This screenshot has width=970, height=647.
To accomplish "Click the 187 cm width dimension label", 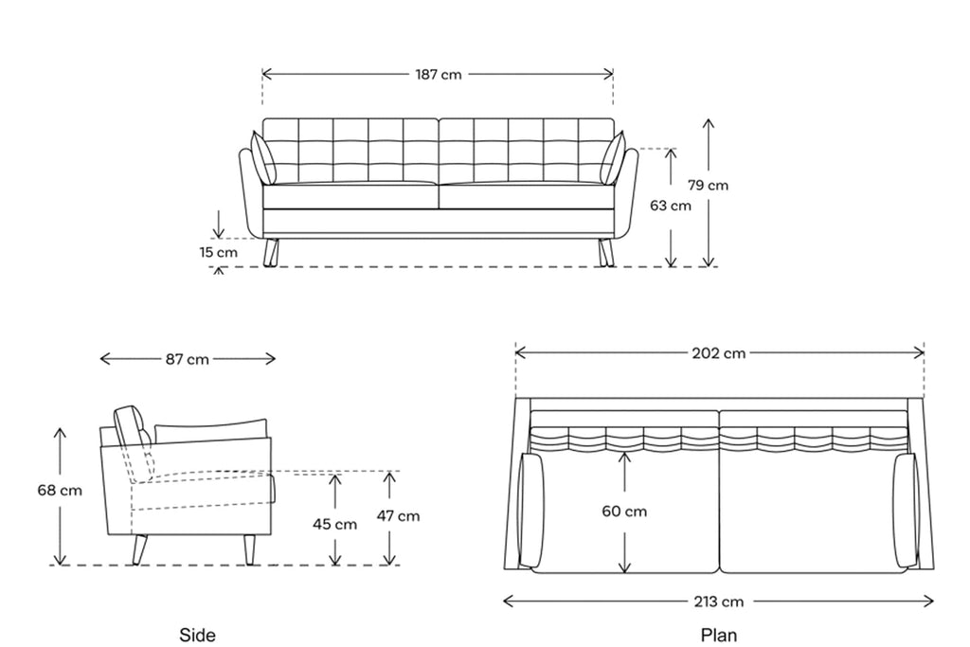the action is click(438, 75).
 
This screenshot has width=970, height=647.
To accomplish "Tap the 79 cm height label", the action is click(708, 185).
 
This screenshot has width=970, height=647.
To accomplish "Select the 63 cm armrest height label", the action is click(670, 206).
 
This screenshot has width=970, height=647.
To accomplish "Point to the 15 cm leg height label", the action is click(219, 252).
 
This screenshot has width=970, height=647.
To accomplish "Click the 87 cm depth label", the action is click(187, 359).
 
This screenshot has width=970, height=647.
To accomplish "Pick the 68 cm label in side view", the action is click(60, 491).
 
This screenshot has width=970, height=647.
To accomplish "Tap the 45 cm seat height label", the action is click(334, 525).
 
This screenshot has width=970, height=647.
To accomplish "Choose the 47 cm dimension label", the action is click(398, 516).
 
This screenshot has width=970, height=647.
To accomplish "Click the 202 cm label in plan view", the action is click(718, 353).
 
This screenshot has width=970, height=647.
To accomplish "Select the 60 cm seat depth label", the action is click(624, 512).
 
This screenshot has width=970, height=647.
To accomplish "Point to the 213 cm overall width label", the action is click(718, 602).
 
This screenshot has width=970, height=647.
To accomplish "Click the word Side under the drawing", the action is click(197, 636).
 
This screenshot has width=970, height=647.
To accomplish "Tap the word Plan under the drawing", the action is click(719, 636).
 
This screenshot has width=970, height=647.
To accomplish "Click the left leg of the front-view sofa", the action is click(271, 253).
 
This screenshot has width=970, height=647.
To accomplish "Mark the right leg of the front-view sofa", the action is click(606, 253).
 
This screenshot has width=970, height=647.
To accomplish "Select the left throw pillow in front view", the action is click(263, 158).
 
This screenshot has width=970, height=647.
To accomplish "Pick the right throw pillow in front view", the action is click(613, 158).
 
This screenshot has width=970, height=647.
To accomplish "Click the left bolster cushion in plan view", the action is click(531, 511).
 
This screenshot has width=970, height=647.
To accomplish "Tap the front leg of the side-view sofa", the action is click(249, 549).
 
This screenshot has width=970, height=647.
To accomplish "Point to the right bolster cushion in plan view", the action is click(906, 511).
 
